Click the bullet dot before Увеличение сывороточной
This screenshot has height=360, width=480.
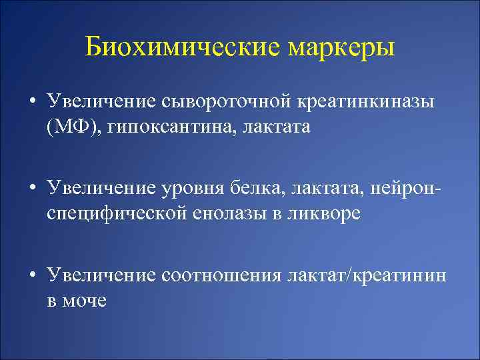tap(33, 103)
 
